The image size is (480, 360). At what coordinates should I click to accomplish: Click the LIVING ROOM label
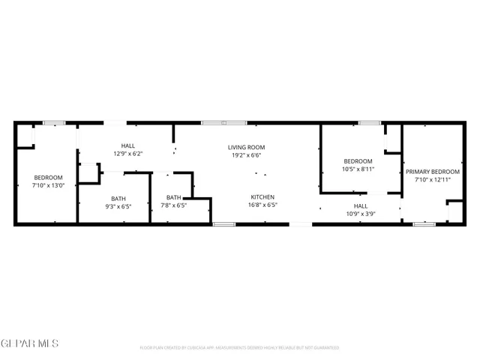click(x=247, y=147)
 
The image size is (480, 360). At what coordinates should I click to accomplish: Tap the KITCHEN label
click(x=262, y=196)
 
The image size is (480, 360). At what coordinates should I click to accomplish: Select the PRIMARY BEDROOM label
click(x=433, y=172)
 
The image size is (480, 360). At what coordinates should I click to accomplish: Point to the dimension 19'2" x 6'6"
click(x=247, y=155)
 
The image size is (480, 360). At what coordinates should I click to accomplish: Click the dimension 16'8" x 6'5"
click(x=262, y=205)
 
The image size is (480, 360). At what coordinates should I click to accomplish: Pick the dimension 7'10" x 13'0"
click(x=48, y=185)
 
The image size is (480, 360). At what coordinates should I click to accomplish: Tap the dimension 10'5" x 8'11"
click(x=358, y=169)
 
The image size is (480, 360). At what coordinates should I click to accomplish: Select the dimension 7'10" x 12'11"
click(x=433, y=180)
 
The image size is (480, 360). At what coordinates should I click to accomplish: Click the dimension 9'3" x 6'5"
click(x=118, y=206)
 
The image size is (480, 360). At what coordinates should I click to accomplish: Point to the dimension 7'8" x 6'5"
click(x=173, y=205)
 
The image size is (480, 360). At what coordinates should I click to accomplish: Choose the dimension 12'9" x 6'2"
click(x=128, y=154)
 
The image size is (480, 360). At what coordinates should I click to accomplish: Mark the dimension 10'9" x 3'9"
click(x=361, y=214)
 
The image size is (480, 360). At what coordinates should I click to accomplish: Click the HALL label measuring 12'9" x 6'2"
click(x=128, y=145)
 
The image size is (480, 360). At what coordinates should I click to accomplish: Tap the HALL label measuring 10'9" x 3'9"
click(x=361, y=205)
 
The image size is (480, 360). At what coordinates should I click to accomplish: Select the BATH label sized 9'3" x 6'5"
click(x=118, y=198)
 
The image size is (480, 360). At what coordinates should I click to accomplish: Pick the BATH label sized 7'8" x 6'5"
click(x=173, y=197)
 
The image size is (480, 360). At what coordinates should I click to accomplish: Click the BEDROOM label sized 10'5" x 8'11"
click(x=358, y=161)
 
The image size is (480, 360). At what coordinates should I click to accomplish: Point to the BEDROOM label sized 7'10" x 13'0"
click(x=48, y=177)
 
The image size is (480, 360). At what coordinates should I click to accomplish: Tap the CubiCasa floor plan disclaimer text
click(x=239, y=348)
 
